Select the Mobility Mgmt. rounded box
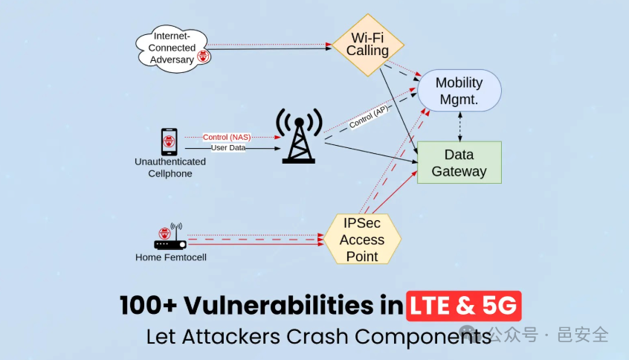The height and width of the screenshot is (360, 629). coord(459,90)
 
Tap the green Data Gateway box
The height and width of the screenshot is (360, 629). coord(459,163)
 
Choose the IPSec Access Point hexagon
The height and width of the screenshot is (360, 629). coord(362,239)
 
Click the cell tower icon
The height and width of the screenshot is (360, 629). coord(299,136)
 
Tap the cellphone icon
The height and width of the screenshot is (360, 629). coord(169,141)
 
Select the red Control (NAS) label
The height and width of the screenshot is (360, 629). coord(227,137)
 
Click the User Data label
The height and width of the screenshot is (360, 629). coord(228,147)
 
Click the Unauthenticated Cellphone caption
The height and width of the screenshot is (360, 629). coord(170,167)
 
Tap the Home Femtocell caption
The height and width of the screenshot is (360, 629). coord(170,257)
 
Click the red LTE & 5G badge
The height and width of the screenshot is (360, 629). coord(464,306)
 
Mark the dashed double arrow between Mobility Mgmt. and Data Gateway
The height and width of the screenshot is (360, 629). coord(460,126)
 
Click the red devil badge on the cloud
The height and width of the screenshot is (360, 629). coord(202,55)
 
